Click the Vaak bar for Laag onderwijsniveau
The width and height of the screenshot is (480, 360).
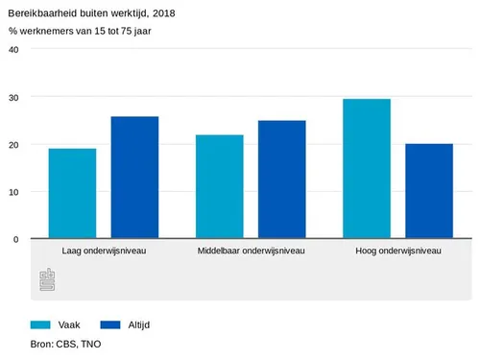pyautogui.click(x=72, y=194)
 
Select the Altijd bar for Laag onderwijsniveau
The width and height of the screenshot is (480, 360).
pyautogui.click(x=134, y=178)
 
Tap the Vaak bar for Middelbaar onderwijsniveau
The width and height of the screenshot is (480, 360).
pyautogui.click(x=219, y=187)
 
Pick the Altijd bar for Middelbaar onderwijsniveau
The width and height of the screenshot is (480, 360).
pyautogui.click(x=281, y=180)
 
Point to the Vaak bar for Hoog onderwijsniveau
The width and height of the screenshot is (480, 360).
pyautogui.click(x=367, y=169)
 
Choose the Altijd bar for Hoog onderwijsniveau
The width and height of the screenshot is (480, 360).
pyautogui.click(x=429, y=191)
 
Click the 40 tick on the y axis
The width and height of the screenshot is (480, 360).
pyautogui.click(x=13, y=50)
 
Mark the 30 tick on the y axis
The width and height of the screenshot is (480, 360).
pyautogui.click(x=13, y=97)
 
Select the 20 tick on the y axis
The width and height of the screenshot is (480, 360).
pyautogui.click(x=13, y=144)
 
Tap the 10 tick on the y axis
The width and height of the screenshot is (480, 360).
pyautogui.click(x=13, y=191)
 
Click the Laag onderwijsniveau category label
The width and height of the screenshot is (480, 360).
pyautogui.click(x=103, y=252)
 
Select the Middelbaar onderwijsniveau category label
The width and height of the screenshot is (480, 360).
pyautogui.click(x=251, y=252)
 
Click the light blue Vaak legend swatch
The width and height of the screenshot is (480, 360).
pyautogui.click(x=40, y=324)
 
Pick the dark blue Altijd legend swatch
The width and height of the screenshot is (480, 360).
pyautogui.click(x=111, y=324)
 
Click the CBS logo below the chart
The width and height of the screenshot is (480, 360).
pyautogui.click(x=47, y=282)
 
